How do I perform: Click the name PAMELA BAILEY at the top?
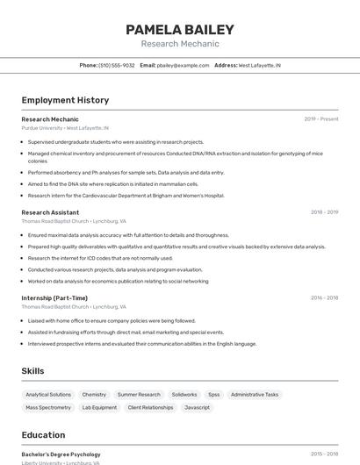click(180, 30)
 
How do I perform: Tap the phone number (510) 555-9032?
click(117, 66)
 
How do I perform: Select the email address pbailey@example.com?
click(183, 66)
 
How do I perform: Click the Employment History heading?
click(65, 100)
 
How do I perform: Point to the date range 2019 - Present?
click(320, 118)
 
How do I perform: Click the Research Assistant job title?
click(50, 212)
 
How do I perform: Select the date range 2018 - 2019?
click(324, 212)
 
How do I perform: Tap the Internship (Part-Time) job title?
click(54, 297)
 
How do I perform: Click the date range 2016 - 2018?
click(324, 297)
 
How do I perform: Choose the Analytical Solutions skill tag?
click(48, 395)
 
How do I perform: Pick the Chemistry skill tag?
click(94, 395)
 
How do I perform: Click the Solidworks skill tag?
click(184, 395)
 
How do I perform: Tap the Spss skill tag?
click(214, 395)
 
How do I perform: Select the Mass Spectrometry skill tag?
click(48, 408)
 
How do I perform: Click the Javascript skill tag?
click(198, 408)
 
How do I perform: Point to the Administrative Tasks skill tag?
click(255, 395)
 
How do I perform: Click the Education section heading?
click(43, 435)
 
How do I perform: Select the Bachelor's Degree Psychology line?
click(61, 454)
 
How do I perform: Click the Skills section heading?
click(32, 371)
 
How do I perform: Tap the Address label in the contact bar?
click(226, 66)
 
